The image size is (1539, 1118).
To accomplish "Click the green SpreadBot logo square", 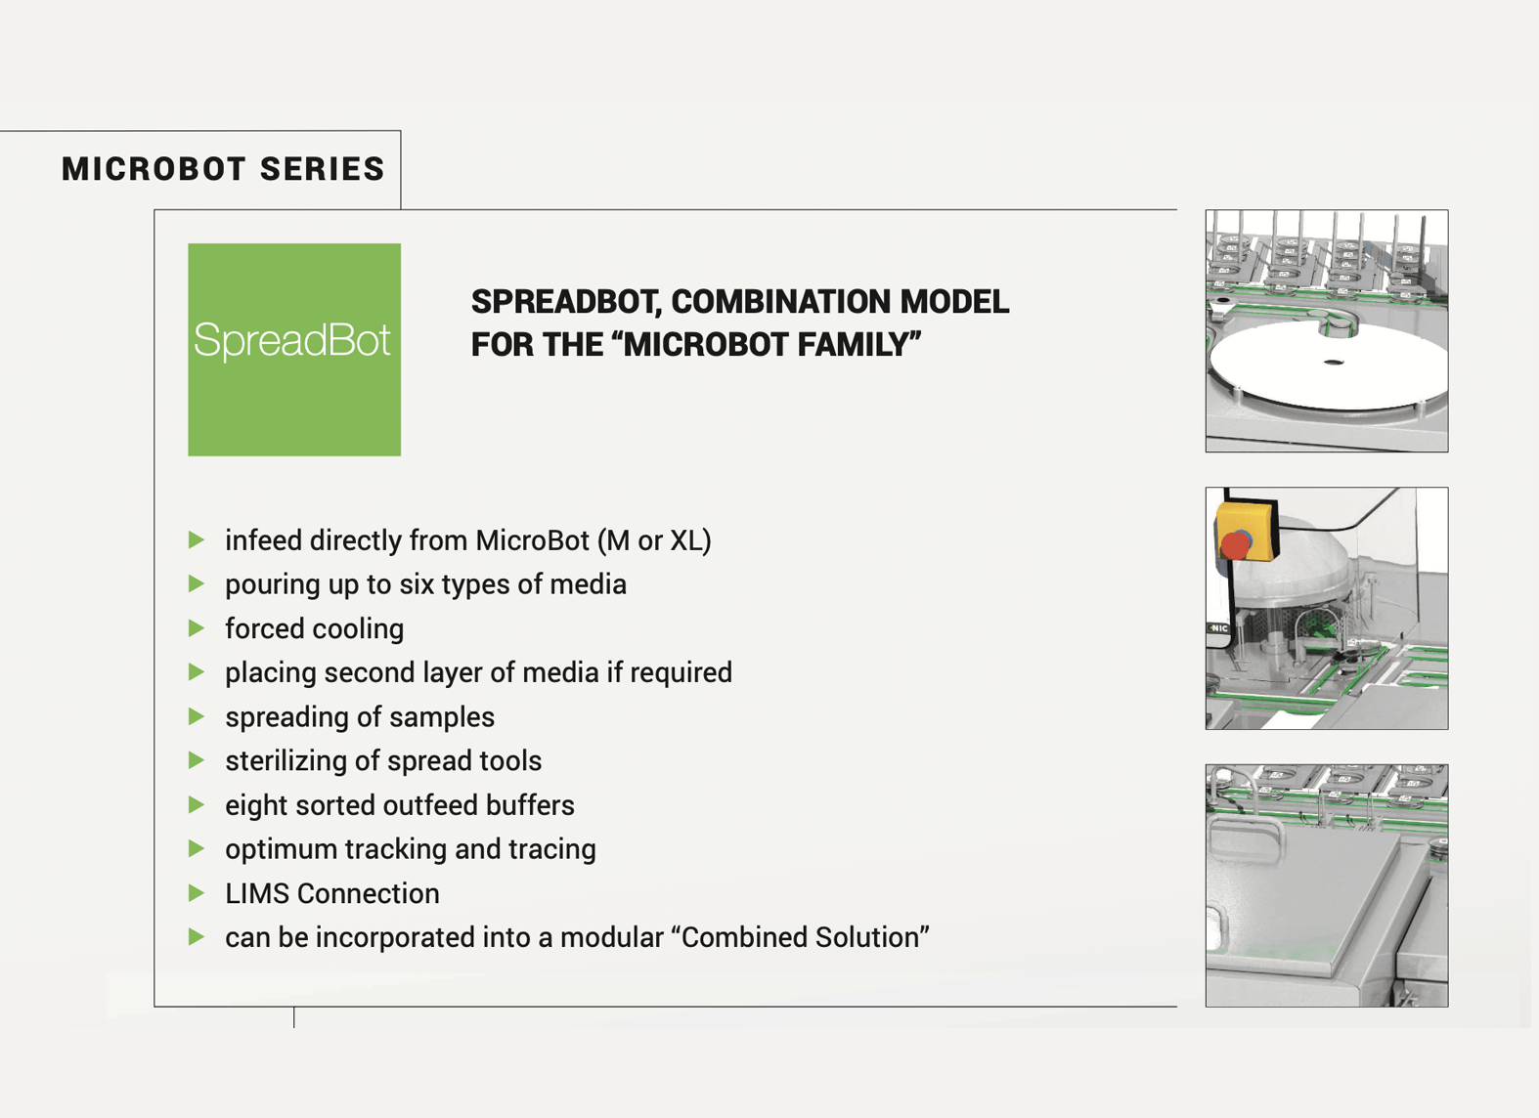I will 293,349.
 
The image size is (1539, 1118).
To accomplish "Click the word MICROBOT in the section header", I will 153,169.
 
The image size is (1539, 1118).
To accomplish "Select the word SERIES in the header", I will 323,169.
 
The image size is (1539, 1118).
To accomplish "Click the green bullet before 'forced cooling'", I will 197,628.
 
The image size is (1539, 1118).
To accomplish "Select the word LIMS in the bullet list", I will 257,893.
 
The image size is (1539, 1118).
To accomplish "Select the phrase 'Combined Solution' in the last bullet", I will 801,937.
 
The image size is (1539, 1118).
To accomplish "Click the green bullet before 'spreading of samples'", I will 197,716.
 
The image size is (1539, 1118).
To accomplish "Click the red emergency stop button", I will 1236,543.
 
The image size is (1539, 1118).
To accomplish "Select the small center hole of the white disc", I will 1334,363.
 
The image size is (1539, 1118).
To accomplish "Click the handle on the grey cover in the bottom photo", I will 1246,838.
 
